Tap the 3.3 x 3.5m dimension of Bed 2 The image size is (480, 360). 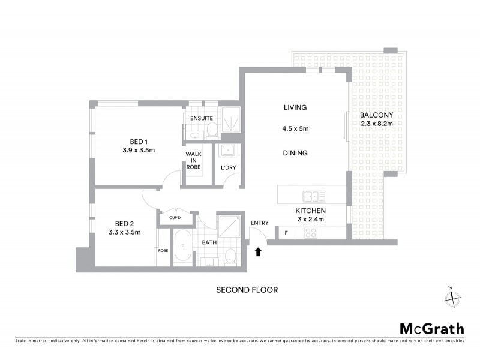124,232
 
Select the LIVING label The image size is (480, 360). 295,108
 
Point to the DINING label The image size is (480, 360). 295,153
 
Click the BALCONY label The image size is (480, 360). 376,115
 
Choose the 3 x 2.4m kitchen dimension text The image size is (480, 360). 310,220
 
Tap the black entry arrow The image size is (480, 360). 259,253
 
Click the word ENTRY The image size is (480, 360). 260,223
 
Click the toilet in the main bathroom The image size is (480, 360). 229,257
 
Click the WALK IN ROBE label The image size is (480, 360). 193,160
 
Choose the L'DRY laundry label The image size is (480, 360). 227,167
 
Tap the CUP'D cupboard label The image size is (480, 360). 176,218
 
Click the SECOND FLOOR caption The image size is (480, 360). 247,290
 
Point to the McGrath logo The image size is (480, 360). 431,328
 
